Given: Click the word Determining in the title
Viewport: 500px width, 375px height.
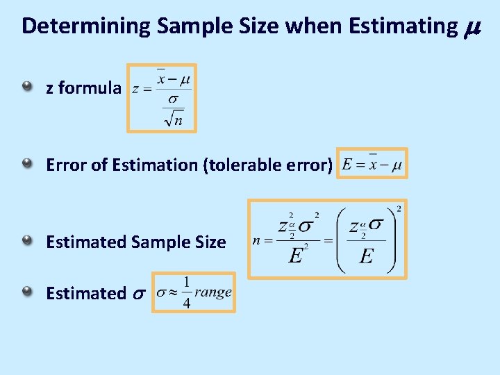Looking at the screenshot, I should click(86, 26).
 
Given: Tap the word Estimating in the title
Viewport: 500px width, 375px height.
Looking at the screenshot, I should click(399, 26).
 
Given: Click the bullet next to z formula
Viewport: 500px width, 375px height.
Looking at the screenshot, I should click(27, 86).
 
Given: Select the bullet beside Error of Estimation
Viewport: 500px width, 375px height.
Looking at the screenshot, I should click(27, 163).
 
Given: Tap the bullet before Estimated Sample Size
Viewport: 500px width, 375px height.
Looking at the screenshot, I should click(27, 240).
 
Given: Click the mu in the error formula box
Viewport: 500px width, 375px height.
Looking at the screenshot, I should click(397, 166).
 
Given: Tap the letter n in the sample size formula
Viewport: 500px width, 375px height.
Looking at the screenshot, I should click(257, 241).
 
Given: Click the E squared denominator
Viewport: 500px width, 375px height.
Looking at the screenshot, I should click(297, 256).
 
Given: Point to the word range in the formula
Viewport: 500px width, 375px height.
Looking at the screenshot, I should click(212, 292).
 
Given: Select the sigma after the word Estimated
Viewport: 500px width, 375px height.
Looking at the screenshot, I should click(137, 294).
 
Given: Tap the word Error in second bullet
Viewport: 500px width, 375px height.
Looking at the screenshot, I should click(63, 165).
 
